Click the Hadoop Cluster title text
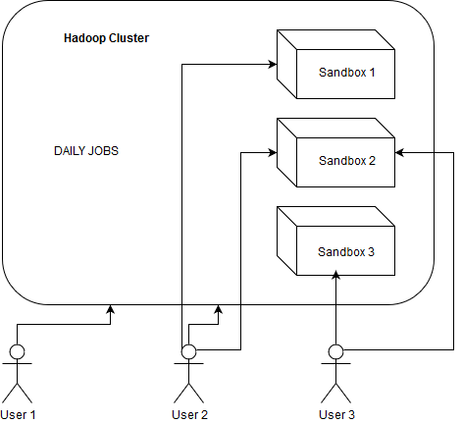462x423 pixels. click(107, 38)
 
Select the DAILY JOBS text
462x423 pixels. click(86, 152)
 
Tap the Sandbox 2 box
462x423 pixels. click(335, 153)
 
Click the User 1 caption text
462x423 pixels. click(18, 414)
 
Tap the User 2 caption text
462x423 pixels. click(189, 414)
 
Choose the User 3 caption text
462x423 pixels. click(336, 414)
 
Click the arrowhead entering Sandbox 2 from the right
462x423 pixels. click(401, 152)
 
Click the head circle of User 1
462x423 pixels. click(17, 351)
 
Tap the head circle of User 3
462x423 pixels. click(336, 351)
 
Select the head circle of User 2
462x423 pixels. click(189, 351)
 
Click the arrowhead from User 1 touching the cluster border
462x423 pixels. click(111, 310)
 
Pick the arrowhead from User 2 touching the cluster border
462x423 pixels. click(220, 310)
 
